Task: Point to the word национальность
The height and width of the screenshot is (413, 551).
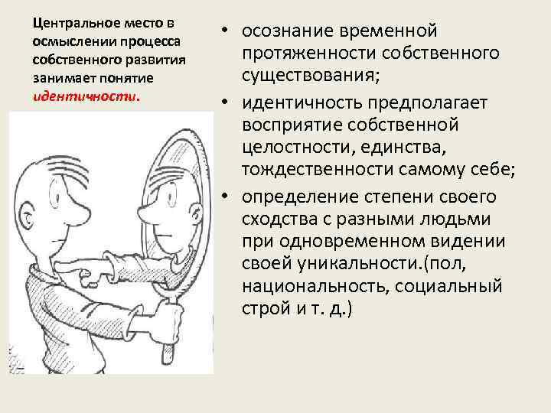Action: tap(318, 288)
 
